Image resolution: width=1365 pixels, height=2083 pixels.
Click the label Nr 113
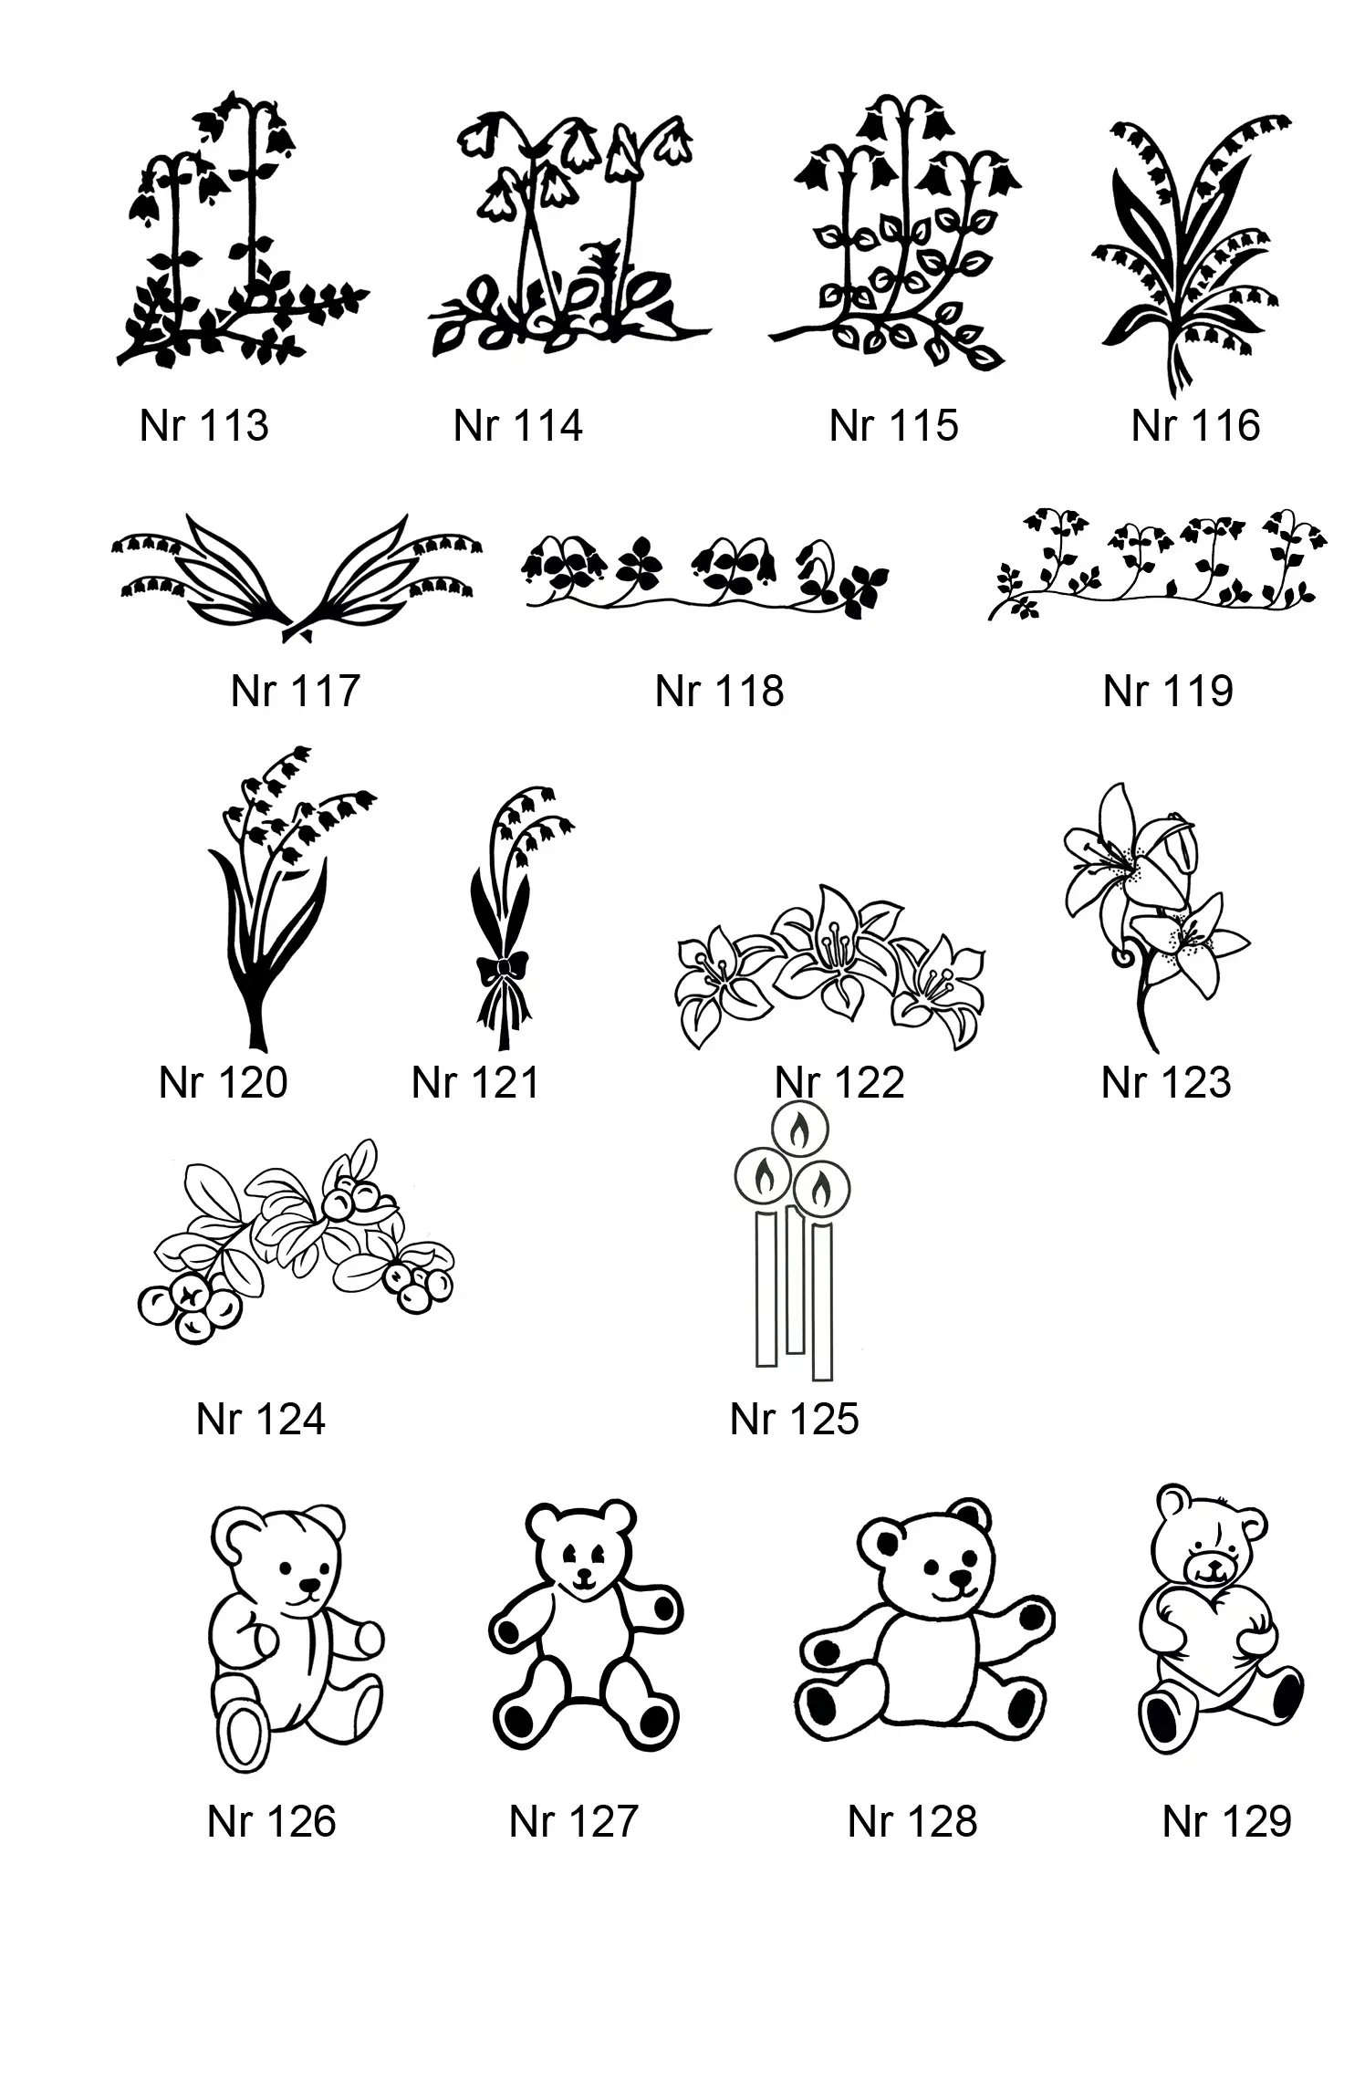click(x=204, y=425)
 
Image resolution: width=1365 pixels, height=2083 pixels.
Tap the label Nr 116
click(x=1195, y=425)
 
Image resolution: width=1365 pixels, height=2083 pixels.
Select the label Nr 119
click(x=1168, y=691)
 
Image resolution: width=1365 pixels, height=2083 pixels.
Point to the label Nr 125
click(x=794, y=1419)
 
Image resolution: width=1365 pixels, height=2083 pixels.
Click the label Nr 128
click(x=912, y=1821)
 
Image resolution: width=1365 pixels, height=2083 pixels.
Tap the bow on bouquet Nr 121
click(x=503, y=968)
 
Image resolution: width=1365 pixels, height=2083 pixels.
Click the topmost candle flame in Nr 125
click(x=800, y=1130)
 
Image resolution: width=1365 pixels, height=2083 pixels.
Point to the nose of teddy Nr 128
click(x=961, y=1578)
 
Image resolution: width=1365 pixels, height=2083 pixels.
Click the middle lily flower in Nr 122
click(x=834, y=949)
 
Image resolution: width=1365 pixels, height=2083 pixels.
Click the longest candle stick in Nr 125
click(x=822, y=1301)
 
